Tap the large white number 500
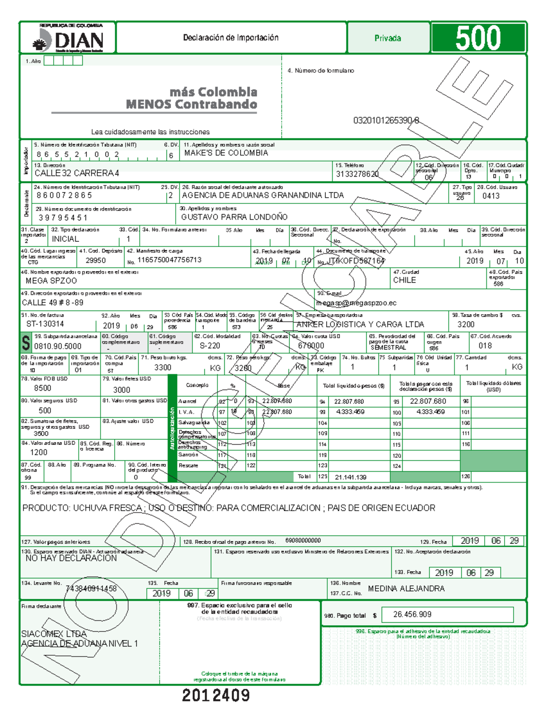tap(478, 38)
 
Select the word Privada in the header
tap(388, 38)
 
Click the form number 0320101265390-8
tap(386, 121)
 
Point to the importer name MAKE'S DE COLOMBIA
tap(226, 153)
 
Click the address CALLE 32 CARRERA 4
tap(77, 173)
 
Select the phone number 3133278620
tap(357, 174)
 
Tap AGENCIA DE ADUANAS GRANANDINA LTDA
tap(263, 195)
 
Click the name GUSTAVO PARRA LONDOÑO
tap(234, 217)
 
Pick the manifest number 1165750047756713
tap(169, 260)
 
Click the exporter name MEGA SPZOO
tap(51, 281)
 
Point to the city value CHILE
tap(404, 280)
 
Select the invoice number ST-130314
tap(45, 324)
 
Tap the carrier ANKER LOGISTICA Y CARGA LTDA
tap(360, 325)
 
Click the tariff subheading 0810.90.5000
tap(58, 346)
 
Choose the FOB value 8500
tap(43, 388)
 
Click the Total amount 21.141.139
tap(350, 478)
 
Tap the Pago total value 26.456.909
tap(412, 615)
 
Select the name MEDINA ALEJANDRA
tap(406, 589)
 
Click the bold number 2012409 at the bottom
tap(216, 695)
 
